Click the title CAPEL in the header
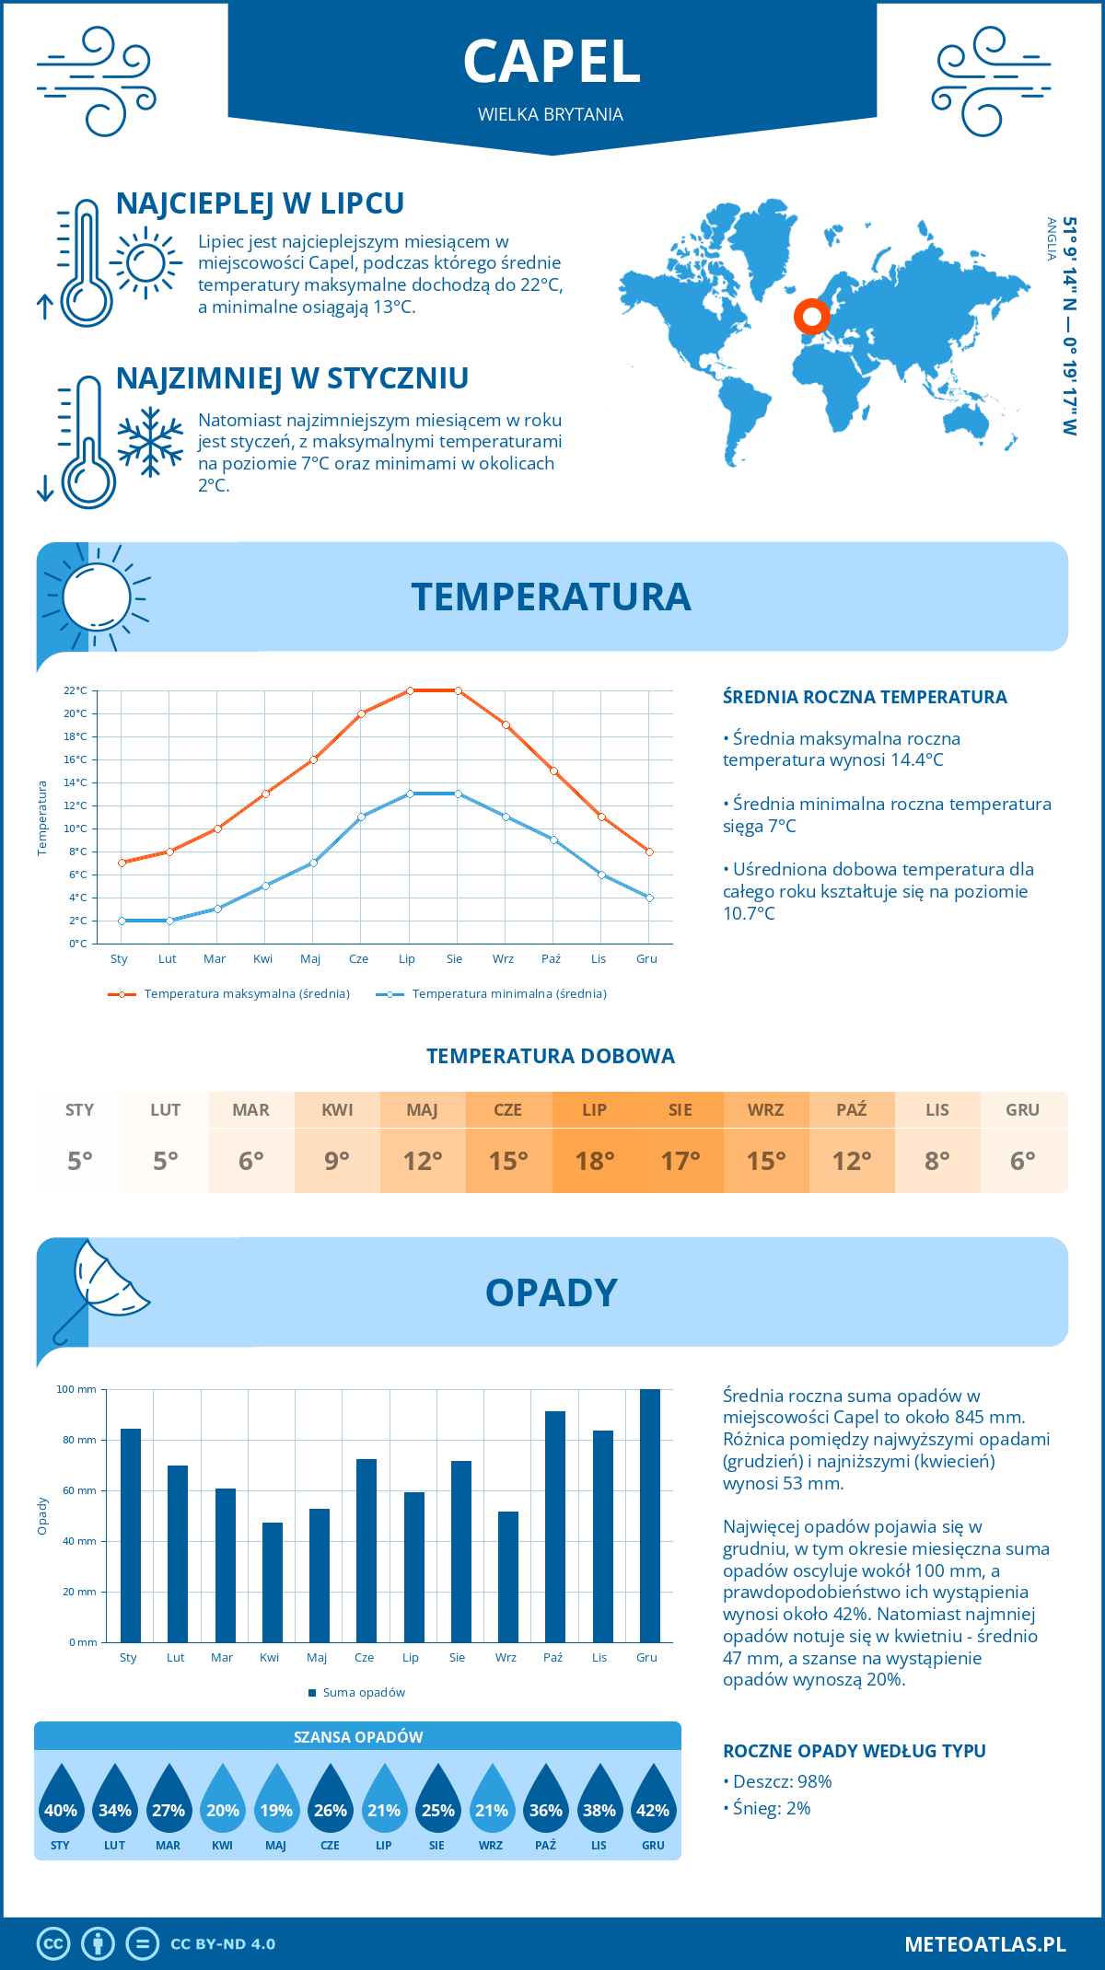pos(551,63)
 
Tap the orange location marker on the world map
pos(811,317)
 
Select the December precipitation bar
pos(649,1515)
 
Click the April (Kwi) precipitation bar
pos(272,1582)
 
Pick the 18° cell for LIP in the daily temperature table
pos(595,1160)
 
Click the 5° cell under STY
pos(80,1160)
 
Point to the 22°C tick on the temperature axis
pos(76,690)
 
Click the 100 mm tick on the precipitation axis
pos(76,1389)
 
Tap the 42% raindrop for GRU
pos(653,1810)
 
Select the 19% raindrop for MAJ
pos(276,1810)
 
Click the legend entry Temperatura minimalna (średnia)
pos(508,994)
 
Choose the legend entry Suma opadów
pos(363,1692)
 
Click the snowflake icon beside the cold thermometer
pos(150,443)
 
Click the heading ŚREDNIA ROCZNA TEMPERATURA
pos(864,697)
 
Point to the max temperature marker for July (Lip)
pos(410,690)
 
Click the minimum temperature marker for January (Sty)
pos(122,921)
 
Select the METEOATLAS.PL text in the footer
pos(984,1944)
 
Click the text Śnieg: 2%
pos(771,1808)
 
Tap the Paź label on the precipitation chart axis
pos(552,1657)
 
